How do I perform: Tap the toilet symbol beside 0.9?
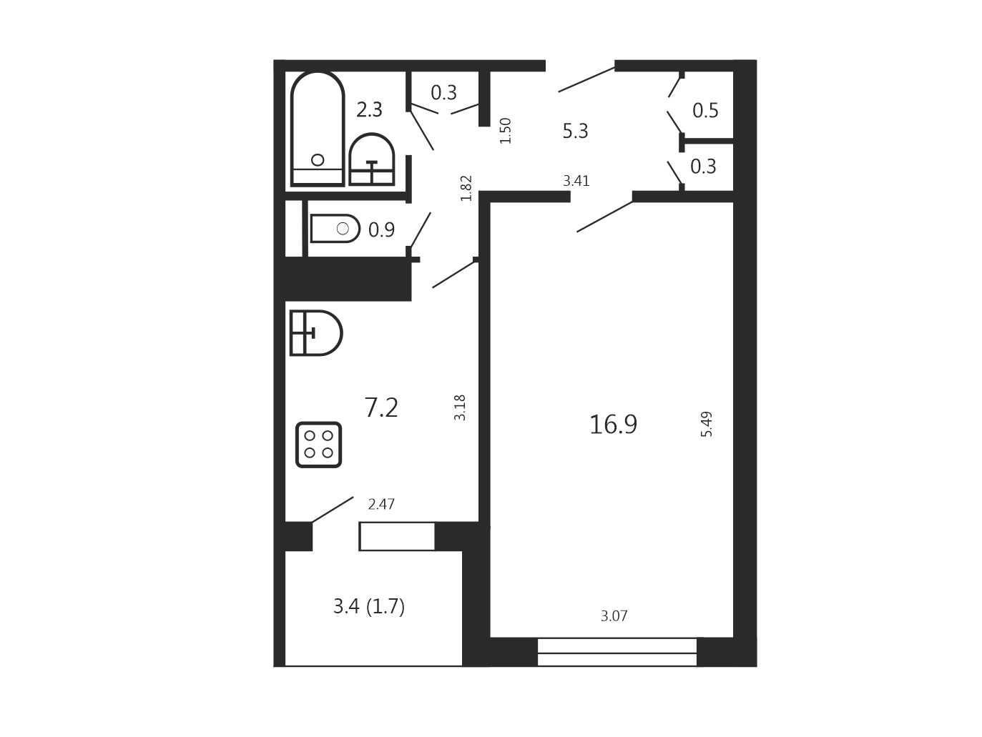point(335,228)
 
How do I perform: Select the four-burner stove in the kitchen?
point(318,445)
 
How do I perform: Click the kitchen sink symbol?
point(316,333)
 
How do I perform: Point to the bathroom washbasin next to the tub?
point(371,159)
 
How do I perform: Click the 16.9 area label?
point(613,424)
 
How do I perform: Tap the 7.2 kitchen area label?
point(381,408)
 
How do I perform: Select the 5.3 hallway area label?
point(575,131)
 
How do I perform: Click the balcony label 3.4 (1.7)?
point(369,607)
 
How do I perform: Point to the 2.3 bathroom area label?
point(369,109)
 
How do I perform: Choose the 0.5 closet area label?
point(705,110)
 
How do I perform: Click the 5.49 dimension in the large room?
point(706,424)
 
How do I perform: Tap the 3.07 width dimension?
point(614,616)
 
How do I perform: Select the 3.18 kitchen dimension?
point(459,407)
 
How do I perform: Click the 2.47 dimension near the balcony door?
point(381,504)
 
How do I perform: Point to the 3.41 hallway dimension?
point(576,181)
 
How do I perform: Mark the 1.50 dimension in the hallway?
point(505,131)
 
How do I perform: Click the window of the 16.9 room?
point(617,652)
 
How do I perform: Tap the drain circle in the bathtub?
point(318,159)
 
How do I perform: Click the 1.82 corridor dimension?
point(466,188)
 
